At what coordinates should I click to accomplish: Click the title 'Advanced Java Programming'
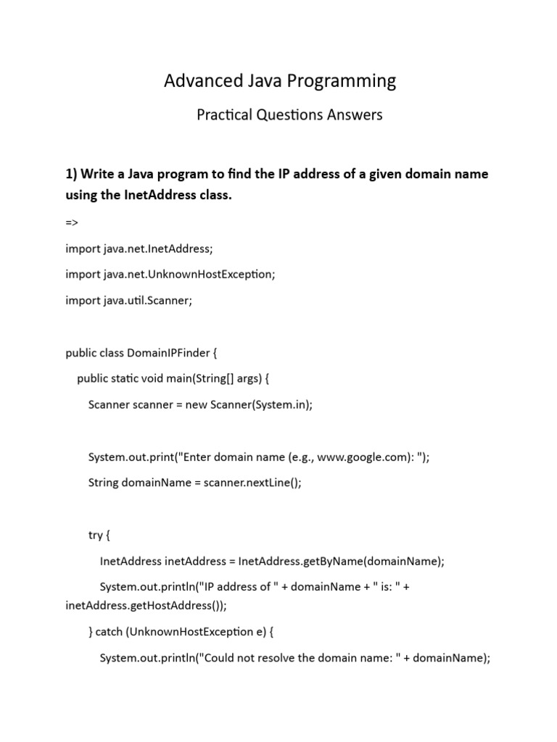[280, 80]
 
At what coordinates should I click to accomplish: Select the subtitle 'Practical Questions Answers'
[289, 114]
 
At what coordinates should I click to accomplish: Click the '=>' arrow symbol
[72, 222]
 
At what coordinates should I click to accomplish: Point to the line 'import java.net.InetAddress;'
[139, 249]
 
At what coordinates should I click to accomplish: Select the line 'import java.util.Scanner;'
[128, 301]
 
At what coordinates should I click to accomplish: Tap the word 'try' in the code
[96, 535]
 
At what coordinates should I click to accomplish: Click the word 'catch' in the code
[110, 632]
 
